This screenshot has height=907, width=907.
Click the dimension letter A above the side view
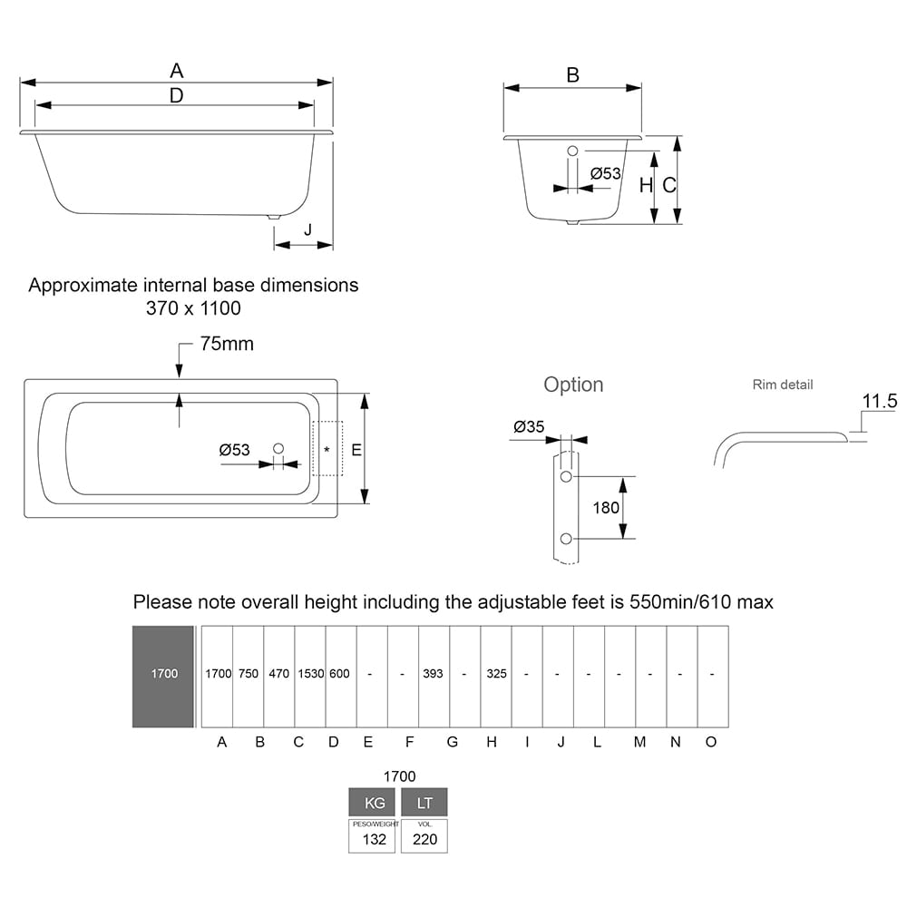click(x=177, y=70)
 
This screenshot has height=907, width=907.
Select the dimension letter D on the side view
click(x=177, y=94)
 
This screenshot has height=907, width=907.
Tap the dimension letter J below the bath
click(x=307, y=230)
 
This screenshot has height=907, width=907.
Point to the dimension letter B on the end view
click(x=572, y=75)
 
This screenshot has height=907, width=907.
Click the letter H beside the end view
click(x=646, y=185)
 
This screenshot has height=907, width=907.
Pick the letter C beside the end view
click(x=668, y=185)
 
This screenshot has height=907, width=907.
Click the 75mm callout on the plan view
click(x=226, y=344)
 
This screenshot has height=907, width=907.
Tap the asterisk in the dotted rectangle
click(x=327, y=449)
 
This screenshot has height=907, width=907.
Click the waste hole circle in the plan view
click(x=278, y=448)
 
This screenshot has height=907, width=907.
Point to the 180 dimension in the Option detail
click(x=606, y=507)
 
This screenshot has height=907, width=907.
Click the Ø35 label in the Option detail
click(x=529, y=426)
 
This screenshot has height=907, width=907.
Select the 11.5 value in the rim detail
click(x=879, y=401)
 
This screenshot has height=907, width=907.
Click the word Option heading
click(x=573, y=385)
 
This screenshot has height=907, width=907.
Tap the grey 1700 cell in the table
click(x=164, y=675)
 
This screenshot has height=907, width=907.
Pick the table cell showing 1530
click(x=310, y=674)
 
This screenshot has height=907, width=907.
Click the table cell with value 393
click(x=434, y=674)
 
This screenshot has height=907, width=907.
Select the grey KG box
click(x=374, y=803)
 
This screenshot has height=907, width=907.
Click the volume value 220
click(x=424, y=839)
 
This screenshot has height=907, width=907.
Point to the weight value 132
click(x=374, y=839)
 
